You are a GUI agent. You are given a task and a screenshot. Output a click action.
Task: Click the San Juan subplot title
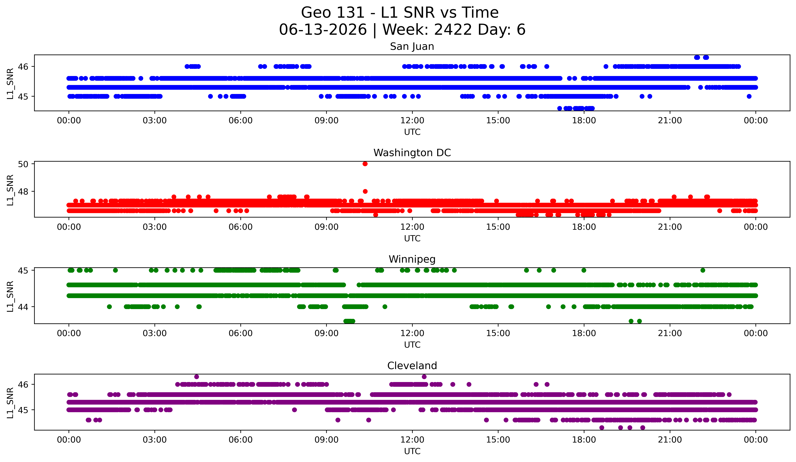(x=412, y=46)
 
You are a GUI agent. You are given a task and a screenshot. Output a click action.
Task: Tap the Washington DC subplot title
(x=412, y=153)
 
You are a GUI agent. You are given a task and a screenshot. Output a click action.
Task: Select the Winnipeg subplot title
(x=412, y=259)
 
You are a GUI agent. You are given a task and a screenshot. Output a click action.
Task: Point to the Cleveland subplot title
(x=412, y=366)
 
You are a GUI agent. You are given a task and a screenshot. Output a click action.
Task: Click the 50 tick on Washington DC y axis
(x=23, y=164)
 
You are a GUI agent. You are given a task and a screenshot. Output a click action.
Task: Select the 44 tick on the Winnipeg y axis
(x=23, y=307)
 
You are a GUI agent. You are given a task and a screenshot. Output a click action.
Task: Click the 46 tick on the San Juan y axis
(x=23, y=67)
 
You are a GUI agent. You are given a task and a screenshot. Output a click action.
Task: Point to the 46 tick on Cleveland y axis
(x=23, y=385)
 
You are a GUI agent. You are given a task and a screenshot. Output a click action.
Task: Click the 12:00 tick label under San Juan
(x=412, y=120)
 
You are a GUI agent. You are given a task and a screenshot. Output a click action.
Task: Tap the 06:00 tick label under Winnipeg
(x=240, y=333)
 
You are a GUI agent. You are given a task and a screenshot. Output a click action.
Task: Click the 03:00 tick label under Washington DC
(x=154, y=227)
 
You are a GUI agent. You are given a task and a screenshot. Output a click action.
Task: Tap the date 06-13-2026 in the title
(x=323, y=30)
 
